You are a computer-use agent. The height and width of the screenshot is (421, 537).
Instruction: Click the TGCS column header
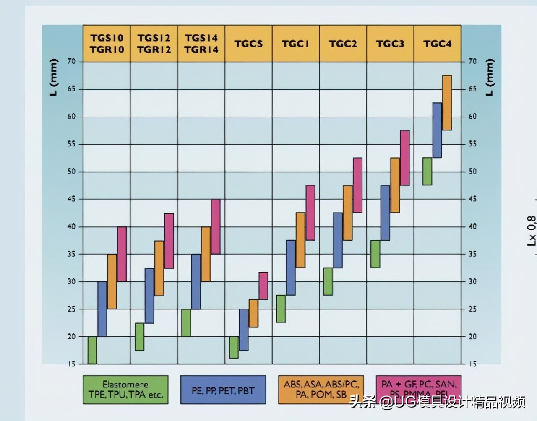[248, 44]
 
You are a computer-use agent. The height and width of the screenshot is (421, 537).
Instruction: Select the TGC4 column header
[438, 44]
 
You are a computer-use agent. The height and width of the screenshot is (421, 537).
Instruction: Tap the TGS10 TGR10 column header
[107, 44]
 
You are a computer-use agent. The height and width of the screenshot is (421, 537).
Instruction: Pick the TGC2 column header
[343, 44]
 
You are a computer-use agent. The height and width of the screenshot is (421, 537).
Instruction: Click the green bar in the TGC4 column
[427, 171]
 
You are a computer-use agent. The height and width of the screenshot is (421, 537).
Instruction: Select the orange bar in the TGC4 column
[447, 103]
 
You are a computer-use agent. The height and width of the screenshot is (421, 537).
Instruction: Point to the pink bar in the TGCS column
[263, 286]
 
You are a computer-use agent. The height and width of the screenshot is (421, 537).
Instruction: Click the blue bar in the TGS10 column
[102, 309]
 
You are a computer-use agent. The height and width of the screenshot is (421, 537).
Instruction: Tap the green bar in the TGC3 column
[375, 254]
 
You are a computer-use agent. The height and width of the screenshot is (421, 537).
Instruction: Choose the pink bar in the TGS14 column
[215, 226]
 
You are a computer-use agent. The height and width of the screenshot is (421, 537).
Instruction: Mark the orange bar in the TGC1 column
[300, 240]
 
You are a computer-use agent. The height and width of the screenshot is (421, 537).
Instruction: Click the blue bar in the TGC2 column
[338, 240]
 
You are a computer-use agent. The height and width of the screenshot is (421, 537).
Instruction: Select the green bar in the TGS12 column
[140, 337]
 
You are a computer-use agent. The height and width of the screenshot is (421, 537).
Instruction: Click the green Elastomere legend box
[125, 390]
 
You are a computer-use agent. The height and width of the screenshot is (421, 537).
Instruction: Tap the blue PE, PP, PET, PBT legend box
[223, 390]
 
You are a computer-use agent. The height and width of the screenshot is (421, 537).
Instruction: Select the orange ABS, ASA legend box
[321, 390]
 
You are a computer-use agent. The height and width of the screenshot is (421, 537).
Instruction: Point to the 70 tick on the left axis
[72, 62]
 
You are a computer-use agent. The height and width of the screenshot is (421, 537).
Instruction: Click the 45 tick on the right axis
[472, 199]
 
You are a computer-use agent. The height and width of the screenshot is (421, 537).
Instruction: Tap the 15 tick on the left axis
[72, 364]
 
